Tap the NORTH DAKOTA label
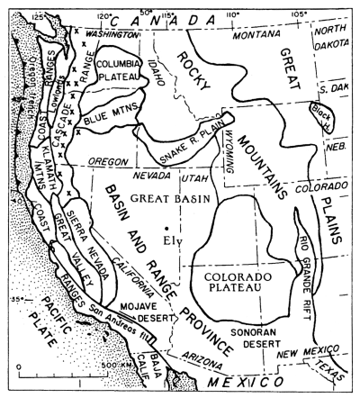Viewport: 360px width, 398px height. pyautogui.click(x=331, y=40)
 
